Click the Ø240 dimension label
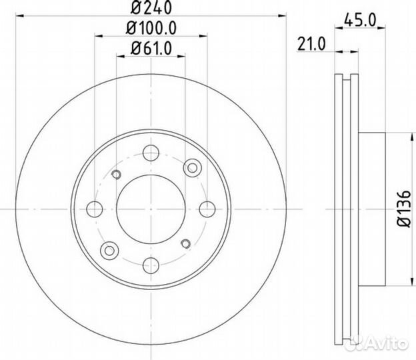pyautogui.click(x=151, y=7)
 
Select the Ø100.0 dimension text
pyautogui.click(x=151, y=28)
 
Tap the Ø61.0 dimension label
pyautogui.click(x=151, y=48)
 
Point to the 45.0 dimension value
pyautogui.click(x=360, y=20)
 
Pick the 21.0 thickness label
pyautogui.click(x=311, y=44)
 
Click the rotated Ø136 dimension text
pyautogui.click(x=404, y=209)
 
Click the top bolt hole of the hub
pyautogui.click(x=151, y=153)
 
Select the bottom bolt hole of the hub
pyautogui.click(x=151, y=265)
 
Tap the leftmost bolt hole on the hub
pyautogui.click(x=95, y=209)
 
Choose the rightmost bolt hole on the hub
pyautogui.click(x=207, y=209)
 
